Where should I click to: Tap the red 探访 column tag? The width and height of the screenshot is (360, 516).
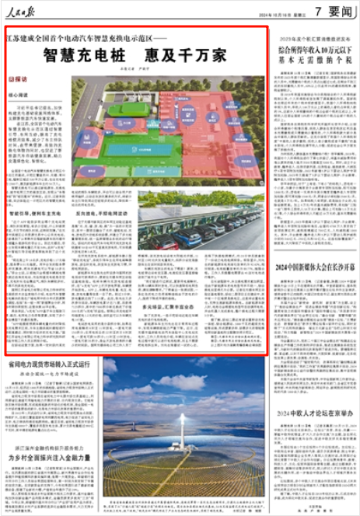(16, 79)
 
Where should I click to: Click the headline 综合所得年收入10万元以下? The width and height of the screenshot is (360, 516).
(312, 48)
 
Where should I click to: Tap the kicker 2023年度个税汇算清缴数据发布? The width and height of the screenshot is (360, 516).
(311, 37)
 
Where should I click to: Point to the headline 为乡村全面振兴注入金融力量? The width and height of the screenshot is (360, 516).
(51, 458)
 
